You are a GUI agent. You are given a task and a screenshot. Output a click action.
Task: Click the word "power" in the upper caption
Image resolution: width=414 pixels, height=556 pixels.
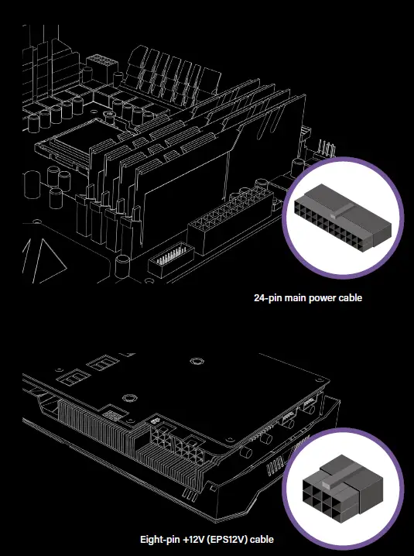coord(324,297)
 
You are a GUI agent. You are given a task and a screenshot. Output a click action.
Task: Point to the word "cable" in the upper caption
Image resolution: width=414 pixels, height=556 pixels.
coord(351,297)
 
